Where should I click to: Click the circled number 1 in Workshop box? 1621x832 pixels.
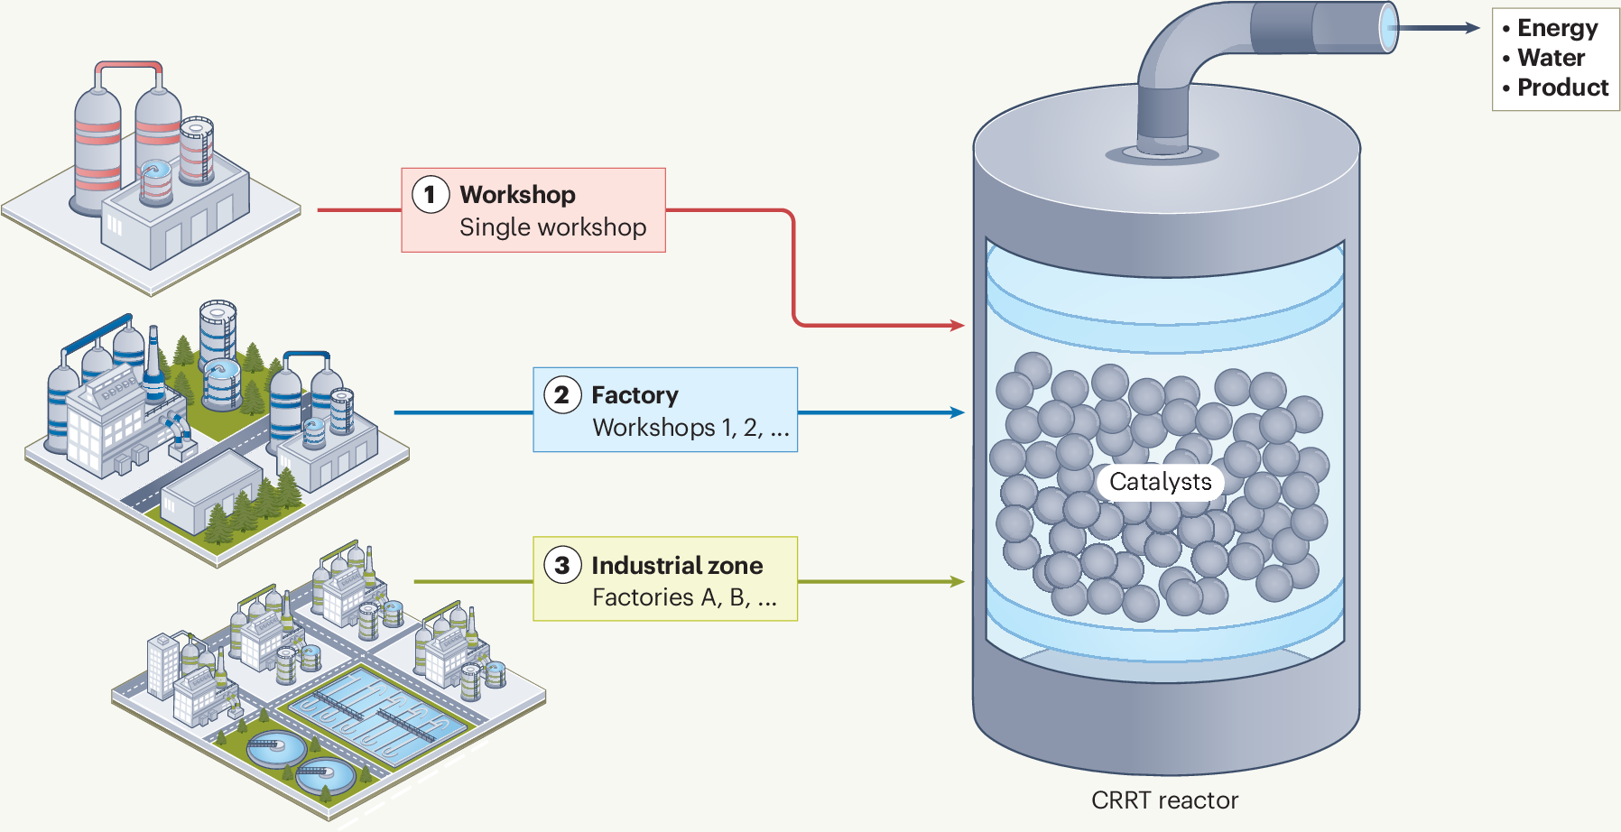tap(431, 194)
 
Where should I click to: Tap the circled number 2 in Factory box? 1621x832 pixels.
tap(562, 394)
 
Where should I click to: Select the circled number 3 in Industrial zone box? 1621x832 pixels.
tap(562, 565)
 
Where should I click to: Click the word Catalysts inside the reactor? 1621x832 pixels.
tap(1160, 482)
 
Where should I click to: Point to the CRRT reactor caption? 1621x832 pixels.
tap(1164, 800)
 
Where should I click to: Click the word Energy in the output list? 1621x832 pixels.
tap(1557, 28)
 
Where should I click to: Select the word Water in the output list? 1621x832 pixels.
tap(1551, 58)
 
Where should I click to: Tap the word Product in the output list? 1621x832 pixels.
tap(1562, 88)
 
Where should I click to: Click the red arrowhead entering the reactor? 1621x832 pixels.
tap(959, 325)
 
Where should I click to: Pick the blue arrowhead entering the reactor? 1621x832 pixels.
tap(959, 412)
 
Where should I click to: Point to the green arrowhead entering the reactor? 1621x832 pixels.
tap(959, 582)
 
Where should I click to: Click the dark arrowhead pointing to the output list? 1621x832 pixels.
tap(1473, 28)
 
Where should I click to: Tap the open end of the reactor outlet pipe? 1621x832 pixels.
tap(1389, 27)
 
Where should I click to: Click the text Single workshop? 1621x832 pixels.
tap(552, 227)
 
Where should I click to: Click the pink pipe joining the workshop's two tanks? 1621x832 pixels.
tap(129, 67)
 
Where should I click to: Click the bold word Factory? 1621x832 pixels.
tap(635, 395)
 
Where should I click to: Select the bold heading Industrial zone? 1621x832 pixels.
tap(677, 566)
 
